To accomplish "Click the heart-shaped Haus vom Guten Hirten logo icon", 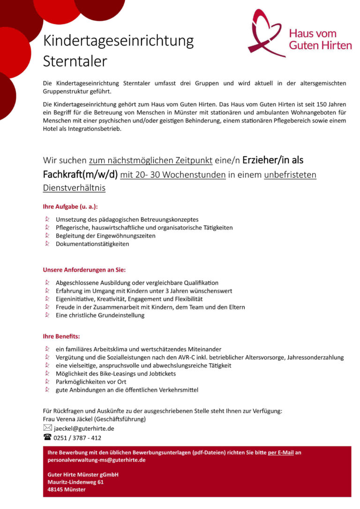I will coord(266,34).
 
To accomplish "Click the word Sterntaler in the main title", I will coord(75,61).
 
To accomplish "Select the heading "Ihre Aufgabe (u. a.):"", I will coord(70,206).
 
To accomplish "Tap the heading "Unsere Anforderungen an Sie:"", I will coord(84,270).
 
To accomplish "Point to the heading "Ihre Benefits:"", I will coord(61,336).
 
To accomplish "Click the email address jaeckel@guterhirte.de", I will coord(84,428).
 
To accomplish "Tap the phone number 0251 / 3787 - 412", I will coord(77,438).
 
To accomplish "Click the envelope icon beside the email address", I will coord(47,428).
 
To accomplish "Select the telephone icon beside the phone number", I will coord(47,438).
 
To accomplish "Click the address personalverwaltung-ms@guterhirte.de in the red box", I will coord(97,460).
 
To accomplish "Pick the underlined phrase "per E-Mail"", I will coord(281,453).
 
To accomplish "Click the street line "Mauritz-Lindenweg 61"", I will coord(75,482).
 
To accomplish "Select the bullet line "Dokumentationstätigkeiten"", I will coord(92,244).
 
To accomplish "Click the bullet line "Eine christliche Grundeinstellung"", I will coord(100,315).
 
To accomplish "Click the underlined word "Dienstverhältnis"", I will coord(74,187).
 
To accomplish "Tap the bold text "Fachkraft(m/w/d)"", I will coord(80,175).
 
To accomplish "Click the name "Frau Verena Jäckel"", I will coord(67,419).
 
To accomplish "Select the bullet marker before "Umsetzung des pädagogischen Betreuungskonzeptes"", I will coord(47,219).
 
